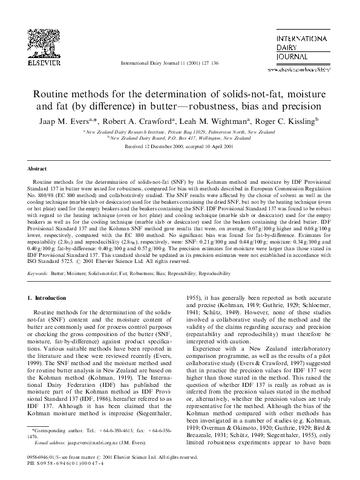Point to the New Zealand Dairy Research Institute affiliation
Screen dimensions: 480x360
point(180,131)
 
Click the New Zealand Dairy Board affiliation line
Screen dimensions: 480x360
point(180,137)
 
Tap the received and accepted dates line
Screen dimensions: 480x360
point(180,146)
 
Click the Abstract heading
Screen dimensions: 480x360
point(38,169)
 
